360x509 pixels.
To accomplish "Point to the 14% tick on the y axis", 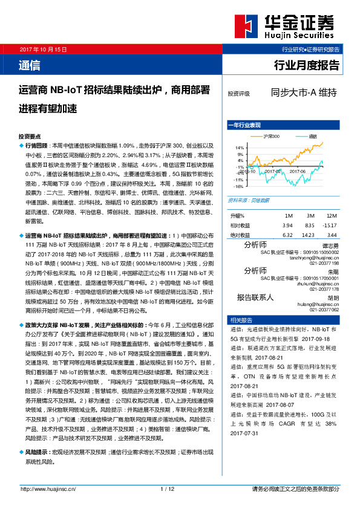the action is click(x=240, y=147).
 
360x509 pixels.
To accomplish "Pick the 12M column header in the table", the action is click(x=331, y=216).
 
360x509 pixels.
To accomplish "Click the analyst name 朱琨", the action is click(x=333, y=273).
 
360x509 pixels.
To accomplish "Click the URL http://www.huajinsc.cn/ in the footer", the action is click(x=48, y=488).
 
